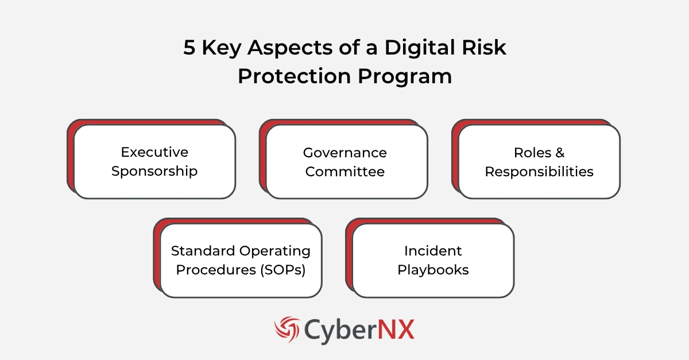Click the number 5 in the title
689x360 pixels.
pos(189,48)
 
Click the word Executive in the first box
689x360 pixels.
pos(154,152)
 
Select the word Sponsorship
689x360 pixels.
pos(154,171)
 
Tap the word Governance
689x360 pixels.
pos(344,152)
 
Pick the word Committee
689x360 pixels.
pos(344,171)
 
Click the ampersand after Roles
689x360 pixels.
pos(560,152)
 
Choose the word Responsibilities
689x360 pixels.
pos(539,171)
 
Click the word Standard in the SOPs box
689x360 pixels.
pos(203,251)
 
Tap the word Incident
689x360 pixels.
pos(433,251)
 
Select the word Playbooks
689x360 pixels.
pos(433,270)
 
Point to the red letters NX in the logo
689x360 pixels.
pos(396,330)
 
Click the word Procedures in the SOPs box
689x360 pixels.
pos(212,270)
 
